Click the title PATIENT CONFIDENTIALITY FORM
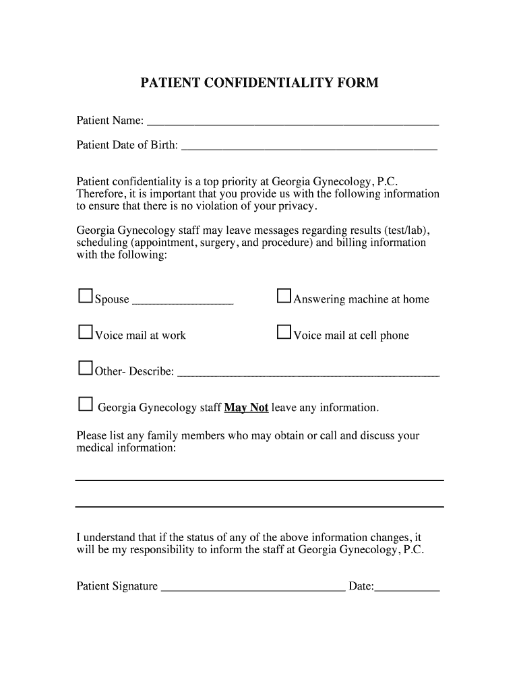coord(259,83)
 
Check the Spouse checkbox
coord(86,296)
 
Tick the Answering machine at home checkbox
coord(284,296)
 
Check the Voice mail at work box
coord(86,332)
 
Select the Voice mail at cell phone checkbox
coord(284,332)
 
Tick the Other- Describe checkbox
coord(86,368)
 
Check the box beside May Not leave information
coord(86,404)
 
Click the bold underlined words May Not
coord(246,408)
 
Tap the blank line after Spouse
coord(183,303)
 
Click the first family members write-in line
coord(259,480)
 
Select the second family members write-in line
coord(259,506)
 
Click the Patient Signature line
coord(253,590)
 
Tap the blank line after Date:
coord(407,590)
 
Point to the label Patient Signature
coord(117,586)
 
